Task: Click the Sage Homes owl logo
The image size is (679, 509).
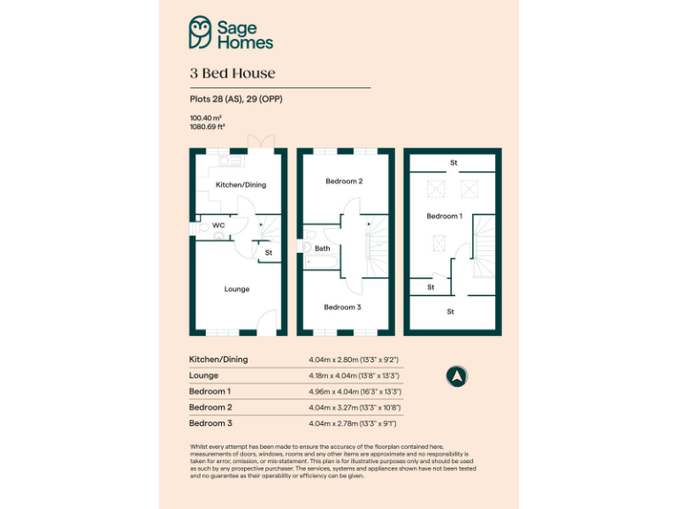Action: (x=201, y=33)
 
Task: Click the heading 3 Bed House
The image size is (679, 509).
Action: (x=233, y=73)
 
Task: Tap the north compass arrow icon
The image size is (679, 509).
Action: (x=457, y=376)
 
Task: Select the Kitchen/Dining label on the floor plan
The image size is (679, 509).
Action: (x=240, y=185)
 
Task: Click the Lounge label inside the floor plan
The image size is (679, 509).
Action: (x=236, y=289)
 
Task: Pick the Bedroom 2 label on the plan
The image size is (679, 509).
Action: (x=344, y=181)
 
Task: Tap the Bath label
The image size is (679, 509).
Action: (x=323, y=248)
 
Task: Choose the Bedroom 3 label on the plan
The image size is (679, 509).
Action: (x=342, y=307)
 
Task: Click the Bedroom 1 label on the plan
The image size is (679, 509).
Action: (x=444, y=216)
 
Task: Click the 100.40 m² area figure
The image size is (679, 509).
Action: (x=205, y=118)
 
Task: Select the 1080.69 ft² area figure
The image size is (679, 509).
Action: (x=208, y=126)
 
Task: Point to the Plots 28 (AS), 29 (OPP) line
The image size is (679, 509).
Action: (x=236, y=99)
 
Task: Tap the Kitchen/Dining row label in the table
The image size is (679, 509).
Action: (x=218, y=360)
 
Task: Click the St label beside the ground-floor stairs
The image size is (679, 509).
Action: (x=269, y=254)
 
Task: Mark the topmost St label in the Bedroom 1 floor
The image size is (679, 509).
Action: (x=454, y=163)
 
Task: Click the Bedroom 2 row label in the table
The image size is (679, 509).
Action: (x=210, y=407)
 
